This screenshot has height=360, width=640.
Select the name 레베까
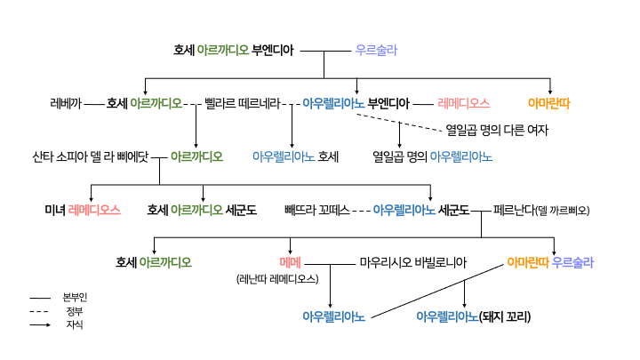click(x=66, y=103)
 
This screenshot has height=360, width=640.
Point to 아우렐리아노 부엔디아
click(x=356, y=103)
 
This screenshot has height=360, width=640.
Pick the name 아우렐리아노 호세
click(x=295, y=156)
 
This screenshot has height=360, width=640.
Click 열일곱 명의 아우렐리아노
click(x=433, y=156)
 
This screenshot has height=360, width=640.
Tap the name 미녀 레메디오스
click(x=82, y=211)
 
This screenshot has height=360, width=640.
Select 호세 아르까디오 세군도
click(x=202, y=211)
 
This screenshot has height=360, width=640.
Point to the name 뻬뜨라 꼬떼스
click(x=316, y=211)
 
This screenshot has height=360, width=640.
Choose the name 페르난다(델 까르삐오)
click(x=541, y=211)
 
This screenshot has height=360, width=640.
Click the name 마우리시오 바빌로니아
click(x=413, y=262)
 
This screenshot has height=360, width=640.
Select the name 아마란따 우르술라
click(x=550, y=262)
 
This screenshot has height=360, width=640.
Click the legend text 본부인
click(x=76, y=297)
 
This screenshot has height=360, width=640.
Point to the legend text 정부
click(x=75, y=311)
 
